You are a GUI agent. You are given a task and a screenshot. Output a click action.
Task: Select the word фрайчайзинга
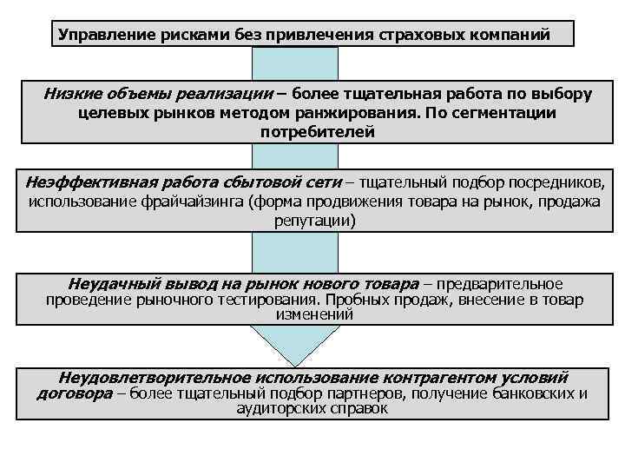(195, 201)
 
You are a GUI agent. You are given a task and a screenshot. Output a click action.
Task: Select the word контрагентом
(442, 378)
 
